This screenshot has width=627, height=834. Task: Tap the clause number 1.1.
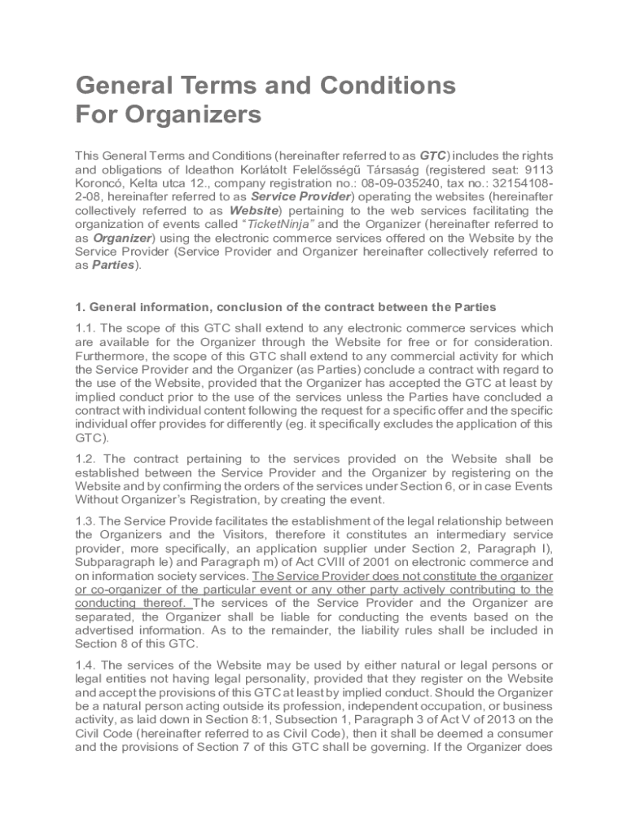[85, 327]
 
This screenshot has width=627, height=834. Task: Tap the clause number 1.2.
[85, 459]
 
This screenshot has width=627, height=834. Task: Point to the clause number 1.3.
[85, 520]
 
